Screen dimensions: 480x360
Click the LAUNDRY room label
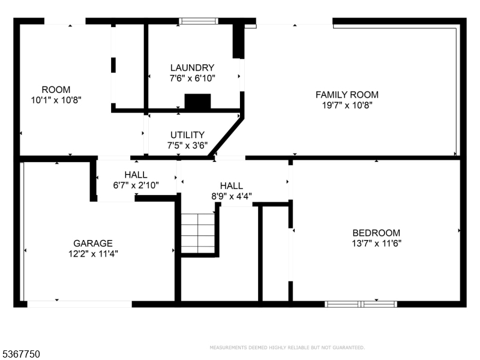[192, 68]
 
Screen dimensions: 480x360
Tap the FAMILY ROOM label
[347, 95]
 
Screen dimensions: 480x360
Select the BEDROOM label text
[376, 233]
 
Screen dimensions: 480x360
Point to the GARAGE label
[93, 244]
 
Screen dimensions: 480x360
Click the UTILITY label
[187, 135]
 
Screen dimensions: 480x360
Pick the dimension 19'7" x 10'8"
[347, 106]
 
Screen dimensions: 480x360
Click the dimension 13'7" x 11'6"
[377, 244]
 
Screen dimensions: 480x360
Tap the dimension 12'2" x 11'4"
[93, 254]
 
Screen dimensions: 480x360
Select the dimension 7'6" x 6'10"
[192, 79]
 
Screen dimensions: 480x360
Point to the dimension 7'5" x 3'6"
[187, 145]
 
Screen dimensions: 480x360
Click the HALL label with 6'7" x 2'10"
[136, 175]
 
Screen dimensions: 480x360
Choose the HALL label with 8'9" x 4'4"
[232, 186]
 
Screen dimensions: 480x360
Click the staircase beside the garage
[198, 233]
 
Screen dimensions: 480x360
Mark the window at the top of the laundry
[199, 21]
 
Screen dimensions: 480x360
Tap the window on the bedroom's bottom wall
[361, 304]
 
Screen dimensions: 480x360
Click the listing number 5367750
[20, 354]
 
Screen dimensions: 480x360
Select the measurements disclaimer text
[287, 347]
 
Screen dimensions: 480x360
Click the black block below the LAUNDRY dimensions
[197, 101]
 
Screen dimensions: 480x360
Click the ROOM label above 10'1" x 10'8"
[56, 89]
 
